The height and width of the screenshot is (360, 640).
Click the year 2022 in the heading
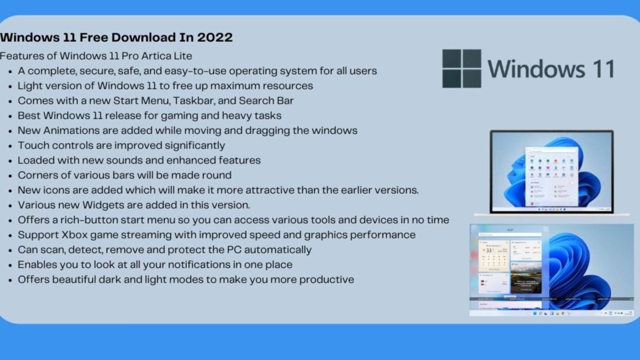pos(214,38)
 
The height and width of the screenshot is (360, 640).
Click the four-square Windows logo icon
pos(462,68)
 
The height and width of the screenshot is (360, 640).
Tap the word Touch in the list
pos(32,146)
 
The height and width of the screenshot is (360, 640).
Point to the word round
pos(216,175)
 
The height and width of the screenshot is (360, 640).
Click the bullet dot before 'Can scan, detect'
pos(10,251)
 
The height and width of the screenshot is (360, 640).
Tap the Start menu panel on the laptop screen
pos(551,177)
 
